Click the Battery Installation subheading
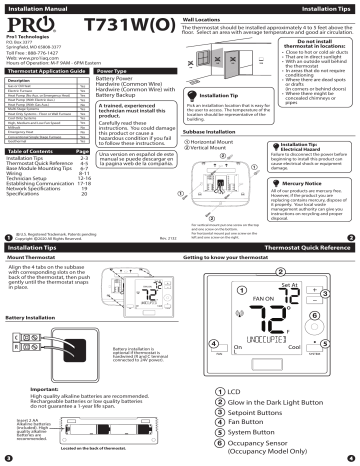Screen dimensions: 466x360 click(34, 318)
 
